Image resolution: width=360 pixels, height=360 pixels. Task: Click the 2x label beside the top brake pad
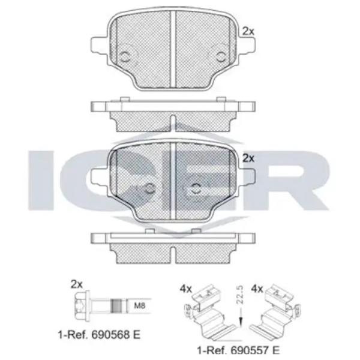coord(248,31)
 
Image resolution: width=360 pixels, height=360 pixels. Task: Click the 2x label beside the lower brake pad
coord(248,158)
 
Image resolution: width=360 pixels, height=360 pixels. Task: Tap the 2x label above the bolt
coord(76,284)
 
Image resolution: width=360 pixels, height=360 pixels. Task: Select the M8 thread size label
coord(140,305)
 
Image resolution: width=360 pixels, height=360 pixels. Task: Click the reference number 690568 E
coord(116,335)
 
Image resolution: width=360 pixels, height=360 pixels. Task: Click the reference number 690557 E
coord(255,350)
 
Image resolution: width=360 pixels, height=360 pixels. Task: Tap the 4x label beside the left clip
coord(185,289)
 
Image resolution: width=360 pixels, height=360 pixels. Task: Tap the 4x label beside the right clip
coord(257,289)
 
